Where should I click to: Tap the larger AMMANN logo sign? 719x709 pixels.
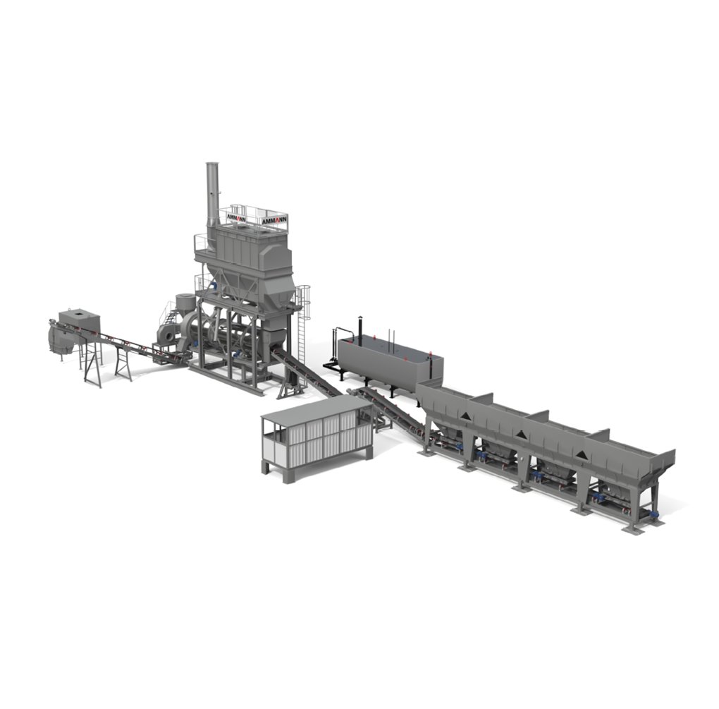[274, 221]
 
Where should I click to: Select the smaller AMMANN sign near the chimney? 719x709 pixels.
[237, 217]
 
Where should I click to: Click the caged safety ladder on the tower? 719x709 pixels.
[302, 321]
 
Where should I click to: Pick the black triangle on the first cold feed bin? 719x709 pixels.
[465, 416]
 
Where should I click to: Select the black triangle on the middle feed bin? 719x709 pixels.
[520, 434]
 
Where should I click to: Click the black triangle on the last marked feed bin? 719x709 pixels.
[582, 455]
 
